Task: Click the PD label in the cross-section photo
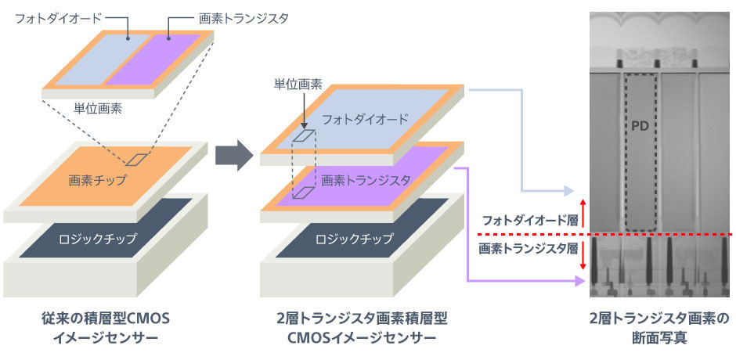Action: click(639, 128)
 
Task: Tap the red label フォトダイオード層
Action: click(528, 219)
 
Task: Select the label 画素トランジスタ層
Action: click(528, 249)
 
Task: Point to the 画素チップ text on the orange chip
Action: click(97, 179)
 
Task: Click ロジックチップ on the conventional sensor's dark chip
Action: click(97, 239)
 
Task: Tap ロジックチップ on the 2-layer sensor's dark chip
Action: click(354, 239)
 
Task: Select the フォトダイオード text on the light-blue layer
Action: click(365, 119)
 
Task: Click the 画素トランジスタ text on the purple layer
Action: click(366, 179)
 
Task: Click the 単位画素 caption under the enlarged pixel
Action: click(98, 109)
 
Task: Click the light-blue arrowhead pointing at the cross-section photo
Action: click(568, 191)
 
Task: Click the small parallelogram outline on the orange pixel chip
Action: click(136, 160)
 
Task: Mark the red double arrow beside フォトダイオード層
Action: click(583, 214)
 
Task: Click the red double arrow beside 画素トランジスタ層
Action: click(583, 254)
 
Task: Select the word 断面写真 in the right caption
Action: click(659, 338)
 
